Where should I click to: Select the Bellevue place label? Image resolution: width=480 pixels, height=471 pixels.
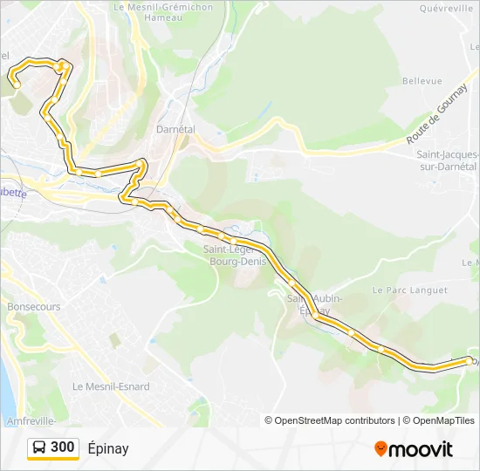coord(422,81)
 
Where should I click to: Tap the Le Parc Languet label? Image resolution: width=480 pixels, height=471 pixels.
coord(409,290)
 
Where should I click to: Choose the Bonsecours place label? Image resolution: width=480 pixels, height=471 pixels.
coord(34,307)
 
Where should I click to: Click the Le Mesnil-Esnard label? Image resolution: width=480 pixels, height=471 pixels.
coord(111,386)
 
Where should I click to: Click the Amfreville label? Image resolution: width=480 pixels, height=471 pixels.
coord(31,420)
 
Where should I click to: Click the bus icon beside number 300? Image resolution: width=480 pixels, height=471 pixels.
coord(39,448)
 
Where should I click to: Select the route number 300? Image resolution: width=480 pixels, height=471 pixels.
coord(63,448)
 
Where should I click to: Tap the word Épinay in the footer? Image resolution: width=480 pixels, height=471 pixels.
coord(108,448)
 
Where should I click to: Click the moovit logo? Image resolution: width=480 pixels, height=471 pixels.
coord(413,449)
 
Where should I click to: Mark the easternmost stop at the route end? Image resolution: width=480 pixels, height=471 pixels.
coord(470,359)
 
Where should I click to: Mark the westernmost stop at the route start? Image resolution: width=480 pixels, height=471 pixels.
coord(16,85)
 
